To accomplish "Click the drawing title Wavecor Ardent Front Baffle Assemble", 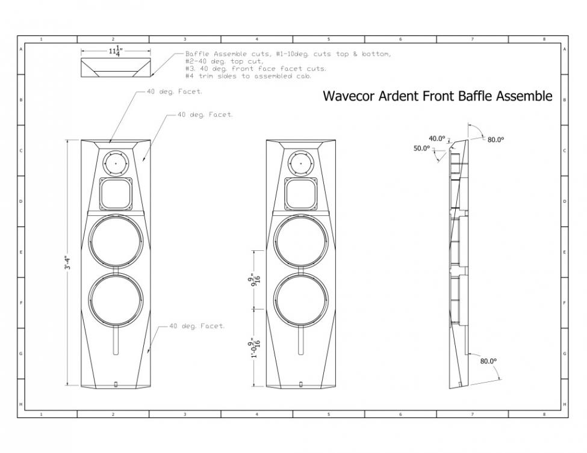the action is click(437, 96).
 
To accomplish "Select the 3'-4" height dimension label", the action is click(67, 263).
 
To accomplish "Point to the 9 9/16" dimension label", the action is click(256, 280).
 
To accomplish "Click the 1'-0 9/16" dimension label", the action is click(256, 348).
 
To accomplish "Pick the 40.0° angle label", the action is click(437, 138).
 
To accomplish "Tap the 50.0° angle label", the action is click(421, 148).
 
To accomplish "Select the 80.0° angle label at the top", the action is click(495, 140).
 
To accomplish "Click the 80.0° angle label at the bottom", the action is click(488, 361).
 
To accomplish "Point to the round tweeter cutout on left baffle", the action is click(116, 163).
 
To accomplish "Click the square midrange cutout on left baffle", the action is click(116, 194).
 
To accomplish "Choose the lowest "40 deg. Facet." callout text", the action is click(197, 326).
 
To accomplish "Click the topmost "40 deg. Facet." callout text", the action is click(175, 91).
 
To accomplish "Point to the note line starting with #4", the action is click(249, 76).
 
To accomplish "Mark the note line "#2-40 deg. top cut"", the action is click(225, 61).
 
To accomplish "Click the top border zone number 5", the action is click(329, 39).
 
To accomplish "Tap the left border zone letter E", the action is click(21, 252).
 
